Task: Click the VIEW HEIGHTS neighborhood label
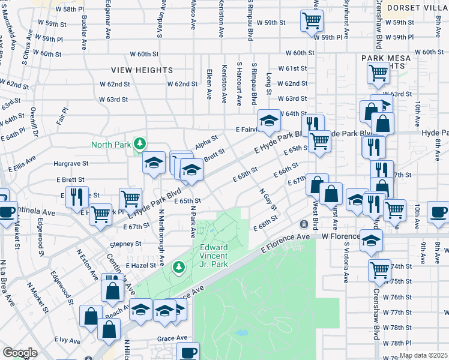pos(142,70)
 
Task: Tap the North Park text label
pos(112,144)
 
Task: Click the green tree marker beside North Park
pos(140,143)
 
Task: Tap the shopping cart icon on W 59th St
pos(312,21)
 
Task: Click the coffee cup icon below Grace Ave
pos(188,352)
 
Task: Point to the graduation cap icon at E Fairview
pos(269,119)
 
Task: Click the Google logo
pos(20,353)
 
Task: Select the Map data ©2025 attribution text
pos(423,355)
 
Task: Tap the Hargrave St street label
pos(71,163)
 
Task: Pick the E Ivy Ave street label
pos(67,340)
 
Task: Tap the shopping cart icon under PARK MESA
pos(378,73)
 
